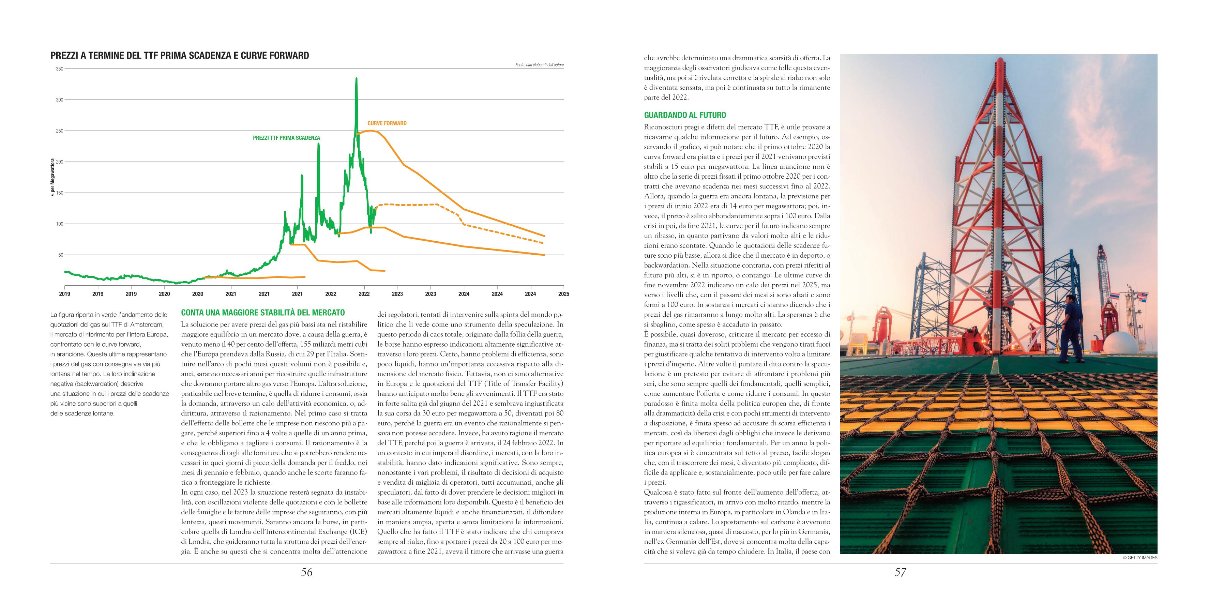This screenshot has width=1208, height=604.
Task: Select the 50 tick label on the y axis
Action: point(60,255)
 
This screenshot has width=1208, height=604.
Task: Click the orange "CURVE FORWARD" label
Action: point(387,123)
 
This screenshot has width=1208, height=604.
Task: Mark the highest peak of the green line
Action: point(357,79)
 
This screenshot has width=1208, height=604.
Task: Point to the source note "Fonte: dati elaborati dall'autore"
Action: point(539,65)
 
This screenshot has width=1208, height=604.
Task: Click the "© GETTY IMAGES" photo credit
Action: point(1141,558)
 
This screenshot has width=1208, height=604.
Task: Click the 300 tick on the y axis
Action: point(60,100)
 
